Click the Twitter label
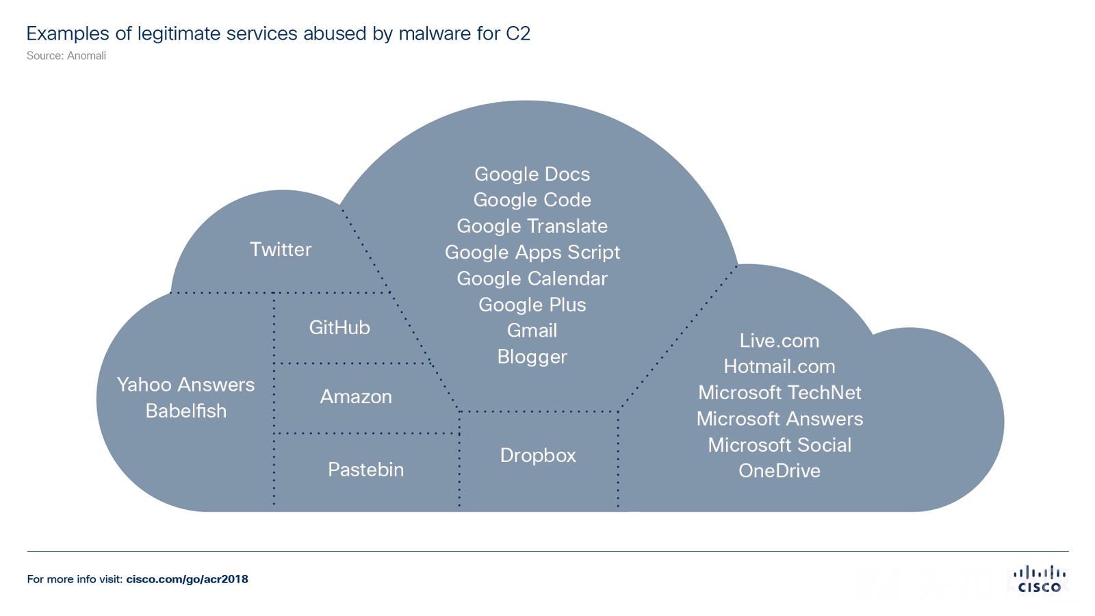point(281,249)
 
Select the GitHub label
point(339,328)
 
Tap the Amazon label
point(356,397)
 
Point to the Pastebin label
point(365,470)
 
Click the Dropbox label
point(538,455)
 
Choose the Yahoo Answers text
point(185,385)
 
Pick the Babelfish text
point(185,411)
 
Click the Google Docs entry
point(532,174)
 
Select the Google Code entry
point(532,200)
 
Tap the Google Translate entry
point(532,226)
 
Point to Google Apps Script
point(532,253)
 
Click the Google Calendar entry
point(532,279)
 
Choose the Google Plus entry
point(532,305)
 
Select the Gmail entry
point(532,331)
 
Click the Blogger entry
point(532,357)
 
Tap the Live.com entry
point(780,341)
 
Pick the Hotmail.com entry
point(780,367)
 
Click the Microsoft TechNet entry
point(780,393)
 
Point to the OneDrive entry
point(780,471)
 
